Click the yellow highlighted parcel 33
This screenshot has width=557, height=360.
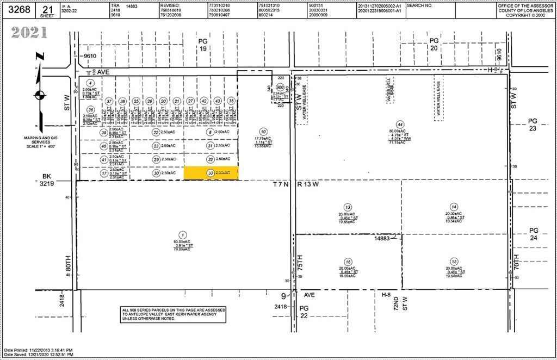click(x=211, y=173)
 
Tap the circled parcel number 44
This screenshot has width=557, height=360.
click(x=400, y=124)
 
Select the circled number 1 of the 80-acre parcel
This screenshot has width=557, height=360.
click(x=183, y=235)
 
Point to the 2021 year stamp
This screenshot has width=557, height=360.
click(x=28, y=33)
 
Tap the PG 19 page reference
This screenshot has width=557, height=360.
click(x=202, y=45)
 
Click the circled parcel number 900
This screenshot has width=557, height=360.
click(x=280, y=87)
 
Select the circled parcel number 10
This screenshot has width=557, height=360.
click(x=263, y=132)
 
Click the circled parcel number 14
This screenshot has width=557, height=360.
click(x=454, y=206)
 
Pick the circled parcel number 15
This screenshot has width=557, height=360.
click(x=454, y=261)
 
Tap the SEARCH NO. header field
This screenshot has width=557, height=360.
click(x=419, y=5)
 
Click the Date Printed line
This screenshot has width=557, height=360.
click(x=38, y=350)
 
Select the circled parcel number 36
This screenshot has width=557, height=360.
click(x=91, y=109)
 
